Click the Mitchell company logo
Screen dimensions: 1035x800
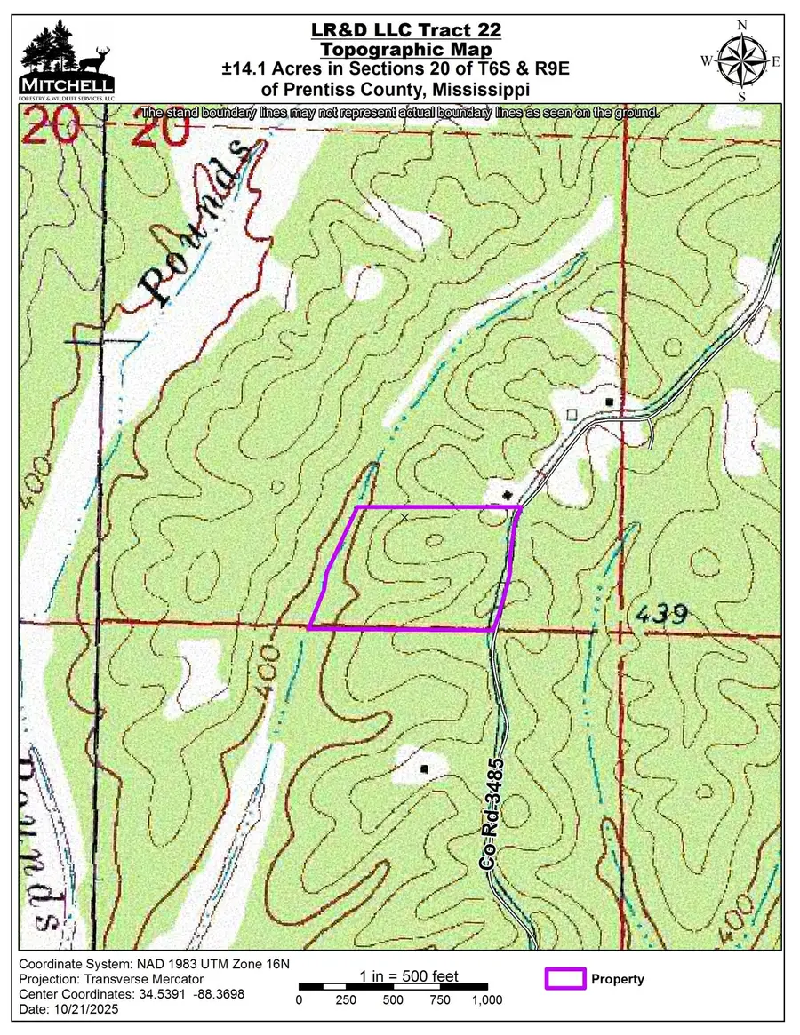[x=67, y=61]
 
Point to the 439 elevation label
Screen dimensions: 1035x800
[x=662, y=614]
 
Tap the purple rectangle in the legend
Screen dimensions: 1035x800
[x=564, y=979]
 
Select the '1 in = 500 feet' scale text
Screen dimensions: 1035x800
[x=409, y=976]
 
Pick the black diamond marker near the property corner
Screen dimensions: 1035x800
[x=507, y=494]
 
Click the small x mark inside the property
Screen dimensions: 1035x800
[x=405, y=517]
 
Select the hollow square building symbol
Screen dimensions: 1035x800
[x=572, y=414]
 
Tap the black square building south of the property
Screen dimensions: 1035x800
[x=425, y=768]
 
